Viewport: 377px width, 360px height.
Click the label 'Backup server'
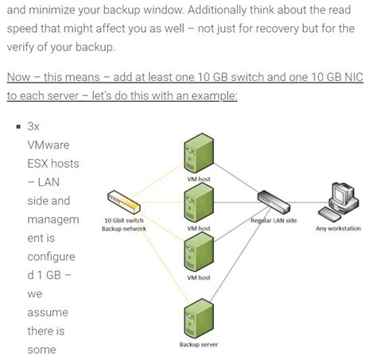[x=198, y=345]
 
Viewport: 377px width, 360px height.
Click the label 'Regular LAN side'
[x=274, y=220]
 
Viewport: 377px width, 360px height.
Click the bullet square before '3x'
[x=16, y=126]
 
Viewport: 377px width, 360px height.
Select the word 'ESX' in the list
[x=40, y=164]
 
